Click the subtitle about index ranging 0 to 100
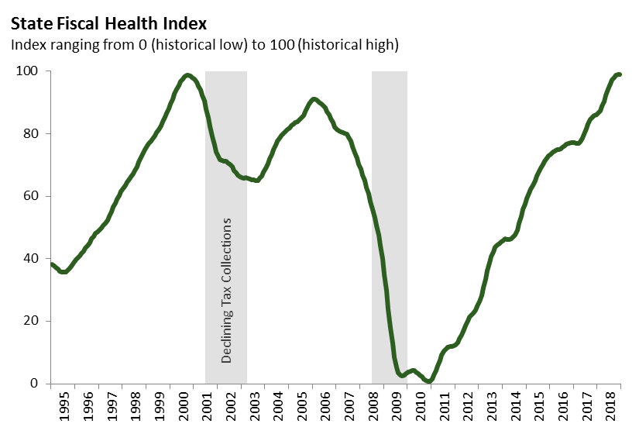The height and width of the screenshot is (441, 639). [204, 45]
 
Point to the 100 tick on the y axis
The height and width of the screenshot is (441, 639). [29, 71]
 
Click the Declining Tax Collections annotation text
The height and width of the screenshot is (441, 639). [227, 291]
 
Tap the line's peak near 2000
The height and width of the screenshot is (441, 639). [187, 75]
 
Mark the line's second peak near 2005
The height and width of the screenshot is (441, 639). [313, 99]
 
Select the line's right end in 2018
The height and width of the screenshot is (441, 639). [620, 74]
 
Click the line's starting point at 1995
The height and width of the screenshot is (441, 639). [51, 264]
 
